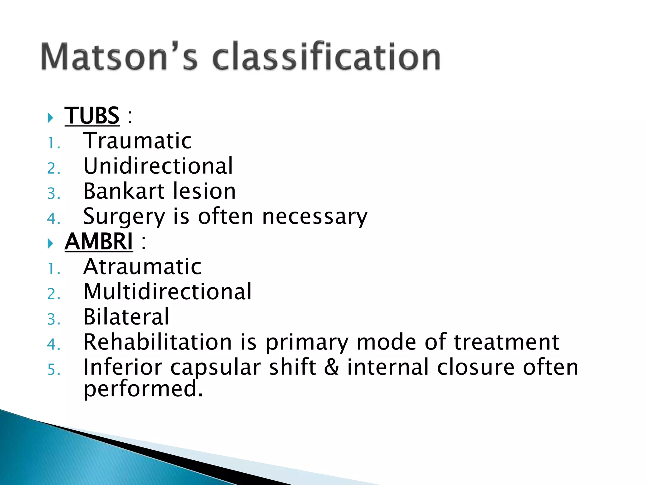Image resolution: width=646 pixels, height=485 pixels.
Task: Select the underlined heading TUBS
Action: tap(92, 116)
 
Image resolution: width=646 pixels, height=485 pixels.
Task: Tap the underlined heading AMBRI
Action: tap(99, 242)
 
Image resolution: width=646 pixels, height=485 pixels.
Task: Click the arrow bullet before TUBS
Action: tap(50, 118)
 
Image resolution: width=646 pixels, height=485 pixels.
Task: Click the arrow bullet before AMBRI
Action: tap(50, 243)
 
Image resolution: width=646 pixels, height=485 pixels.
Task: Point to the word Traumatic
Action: tap(138, 141)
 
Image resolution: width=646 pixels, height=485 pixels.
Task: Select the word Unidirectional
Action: tap(158, 166)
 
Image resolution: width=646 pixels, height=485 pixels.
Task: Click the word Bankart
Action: tap(124, 191)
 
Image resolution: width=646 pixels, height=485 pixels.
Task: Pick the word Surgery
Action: tap(124, 217)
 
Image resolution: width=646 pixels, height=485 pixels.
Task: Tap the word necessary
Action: tap(314, 217)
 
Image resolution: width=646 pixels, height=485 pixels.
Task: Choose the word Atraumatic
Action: tap(142, 267)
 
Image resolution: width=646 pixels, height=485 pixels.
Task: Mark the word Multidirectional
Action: tap(167, 292)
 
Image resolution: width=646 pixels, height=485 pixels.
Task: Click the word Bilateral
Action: tap(126, 317)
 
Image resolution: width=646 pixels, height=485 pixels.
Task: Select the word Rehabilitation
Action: tap(158, 342)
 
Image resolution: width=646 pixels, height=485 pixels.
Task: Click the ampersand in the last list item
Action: tap(331, 368)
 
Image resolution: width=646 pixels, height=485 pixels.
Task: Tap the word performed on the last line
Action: tap(143, 389)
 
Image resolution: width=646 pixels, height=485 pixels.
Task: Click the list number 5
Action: tap(52, 370)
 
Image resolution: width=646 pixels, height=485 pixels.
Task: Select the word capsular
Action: tap(215, 368)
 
